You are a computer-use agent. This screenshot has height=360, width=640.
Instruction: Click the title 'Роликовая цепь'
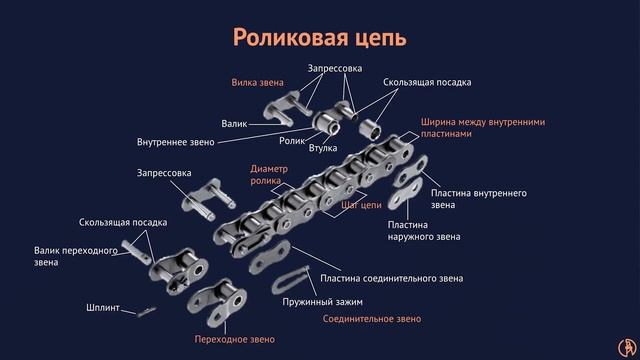click(320, 38)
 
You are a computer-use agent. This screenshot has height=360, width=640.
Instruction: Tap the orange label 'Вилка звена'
click(257, 82)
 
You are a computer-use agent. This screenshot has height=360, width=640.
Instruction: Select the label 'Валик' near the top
click(234, 124)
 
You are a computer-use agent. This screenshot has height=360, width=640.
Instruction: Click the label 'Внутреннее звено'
click(176, 142)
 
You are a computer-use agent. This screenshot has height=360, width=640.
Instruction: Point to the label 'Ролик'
click(292, 141)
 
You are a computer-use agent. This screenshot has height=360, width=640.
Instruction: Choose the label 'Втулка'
click(323, 148)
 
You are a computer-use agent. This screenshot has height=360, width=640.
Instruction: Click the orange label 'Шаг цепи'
click(361, 205)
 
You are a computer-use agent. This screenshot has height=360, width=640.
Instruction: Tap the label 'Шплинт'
click(103, 307)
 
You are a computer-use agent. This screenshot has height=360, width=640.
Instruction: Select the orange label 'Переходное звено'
click(235, 339)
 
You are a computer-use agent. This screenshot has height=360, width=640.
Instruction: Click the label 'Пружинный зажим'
click(322, 302)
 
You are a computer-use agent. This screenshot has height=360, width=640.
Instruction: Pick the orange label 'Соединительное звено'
click(372, 319)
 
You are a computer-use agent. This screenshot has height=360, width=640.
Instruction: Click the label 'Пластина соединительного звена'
click(391, 278)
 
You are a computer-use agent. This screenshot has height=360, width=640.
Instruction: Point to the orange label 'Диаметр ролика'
click(269, 175)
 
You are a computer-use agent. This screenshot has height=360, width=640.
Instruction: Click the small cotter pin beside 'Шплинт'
click(146, 312)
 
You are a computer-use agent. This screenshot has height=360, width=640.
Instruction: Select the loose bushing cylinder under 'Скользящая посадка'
click(370, 129)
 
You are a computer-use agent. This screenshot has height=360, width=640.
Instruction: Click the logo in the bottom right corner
click(627, 347)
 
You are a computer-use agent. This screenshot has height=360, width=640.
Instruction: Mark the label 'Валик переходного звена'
click(76, 256)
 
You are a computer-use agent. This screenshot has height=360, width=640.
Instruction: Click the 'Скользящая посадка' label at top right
click(427, 82)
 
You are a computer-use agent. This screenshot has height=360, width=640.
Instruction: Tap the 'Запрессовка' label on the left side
click(164, 173)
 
